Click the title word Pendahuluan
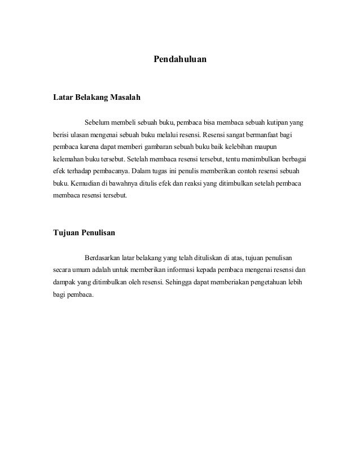pyautogui.click(x=180, y=58)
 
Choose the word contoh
pyautogui.click(x=247, y=173)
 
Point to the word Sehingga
pyautogui.click(x=177, y=283)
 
